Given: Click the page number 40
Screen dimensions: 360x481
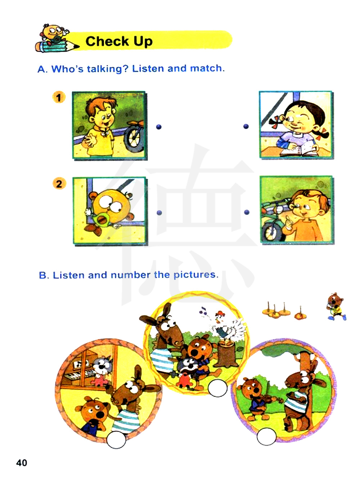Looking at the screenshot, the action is point(22,463).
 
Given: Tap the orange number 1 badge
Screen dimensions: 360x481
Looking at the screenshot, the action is point(59,97).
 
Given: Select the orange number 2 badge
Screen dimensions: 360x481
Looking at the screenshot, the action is point(59,183).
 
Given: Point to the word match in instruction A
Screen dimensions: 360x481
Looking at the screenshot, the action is point(207,68).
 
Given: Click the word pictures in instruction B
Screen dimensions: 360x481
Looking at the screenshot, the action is point(196,275).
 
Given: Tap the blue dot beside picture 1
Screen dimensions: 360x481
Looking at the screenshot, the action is point(159,127).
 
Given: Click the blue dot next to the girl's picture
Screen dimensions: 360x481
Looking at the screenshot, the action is point(246,126).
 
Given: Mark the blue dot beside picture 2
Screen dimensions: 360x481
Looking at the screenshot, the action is point(159,212).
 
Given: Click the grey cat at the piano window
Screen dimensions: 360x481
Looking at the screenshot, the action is point(102,369).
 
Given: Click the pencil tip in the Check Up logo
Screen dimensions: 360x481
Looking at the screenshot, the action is point(76,46).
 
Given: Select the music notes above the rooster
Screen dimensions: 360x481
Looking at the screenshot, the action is point(203,310).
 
